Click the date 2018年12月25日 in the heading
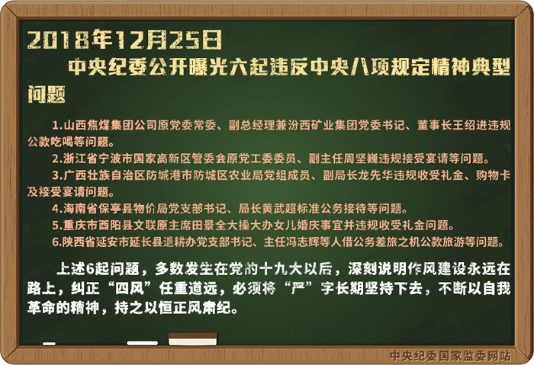(124, 40)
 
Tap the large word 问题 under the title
(47, 94)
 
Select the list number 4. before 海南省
(56, 209)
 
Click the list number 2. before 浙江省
(56, 158)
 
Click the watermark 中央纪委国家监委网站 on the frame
(450, 356)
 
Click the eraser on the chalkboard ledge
(193, 339)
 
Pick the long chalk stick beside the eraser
(143, 343)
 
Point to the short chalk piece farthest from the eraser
(49, 344)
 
